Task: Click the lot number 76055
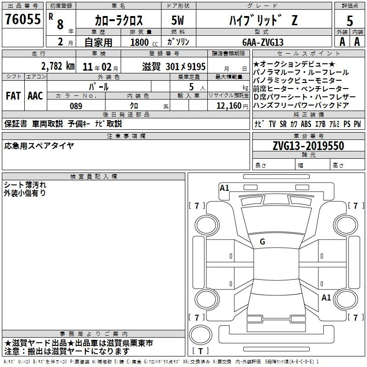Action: pyautogui.click(x=23, y=19)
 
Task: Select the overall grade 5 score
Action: pyautogui.click(x=350, y=21)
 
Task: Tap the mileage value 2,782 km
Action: pyautogui.click(x=58, y=66)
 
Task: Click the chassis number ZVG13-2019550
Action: pyautogui.click(x=308, y=145)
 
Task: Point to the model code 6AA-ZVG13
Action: pyautogui.click(x=263, y=42)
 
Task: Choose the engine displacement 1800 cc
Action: pyautogui.click(x=144, y=42)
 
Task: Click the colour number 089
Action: pyautogui.click(x=76, y=106)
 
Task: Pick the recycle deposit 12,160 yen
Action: pyautogui.click(x=232, y=106)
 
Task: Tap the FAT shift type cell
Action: pyautogui.click(x=13, y=96)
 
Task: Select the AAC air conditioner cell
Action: pyautogui.click(x=35, y=96)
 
